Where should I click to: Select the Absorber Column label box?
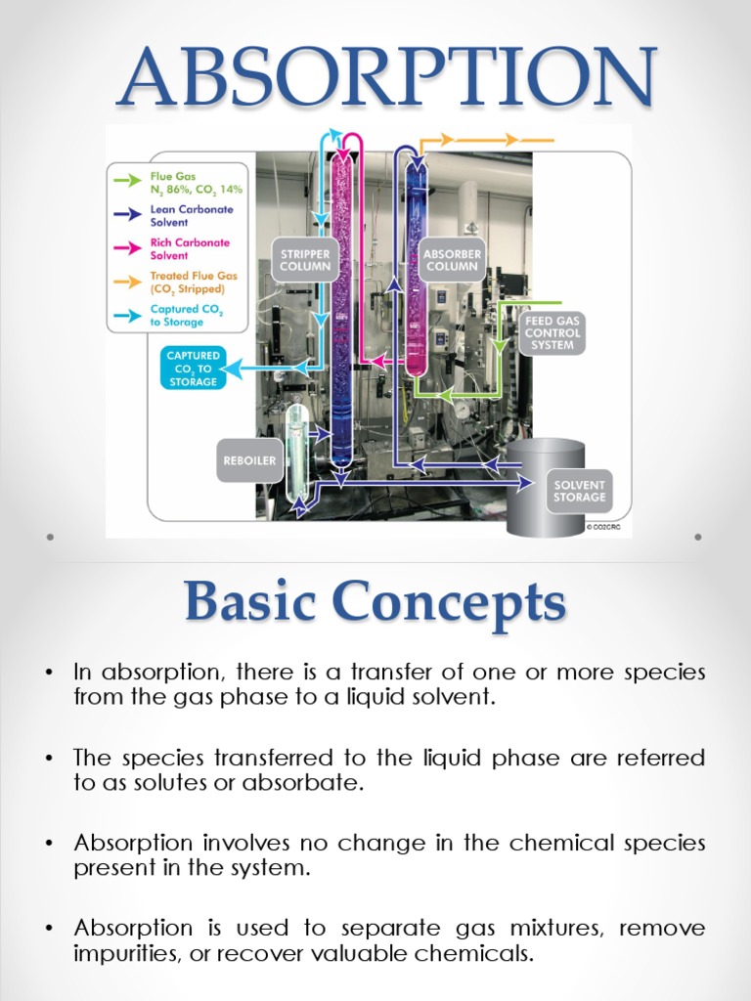coord(452,260)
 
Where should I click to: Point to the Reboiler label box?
coord(249,459)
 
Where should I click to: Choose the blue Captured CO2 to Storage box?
coord(193,369)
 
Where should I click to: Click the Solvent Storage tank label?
coord(580,491)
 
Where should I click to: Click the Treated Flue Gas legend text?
coord(194,283)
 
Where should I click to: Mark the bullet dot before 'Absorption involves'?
coord(48,843)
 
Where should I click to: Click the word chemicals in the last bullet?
coord(484,953)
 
